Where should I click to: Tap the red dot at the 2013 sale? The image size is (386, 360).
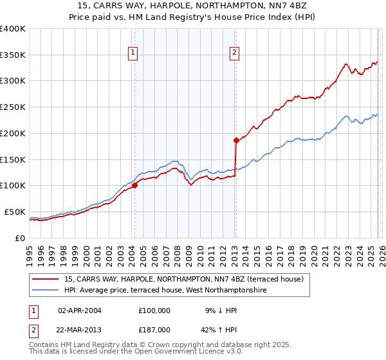coord(236,139)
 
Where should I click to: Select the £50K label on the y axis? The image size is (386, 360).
coord(15,212)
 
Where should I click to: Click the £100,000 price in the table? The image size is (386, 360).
coord(154,310)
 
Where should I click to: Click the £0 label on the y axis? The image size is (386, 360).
coord(20,238)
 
